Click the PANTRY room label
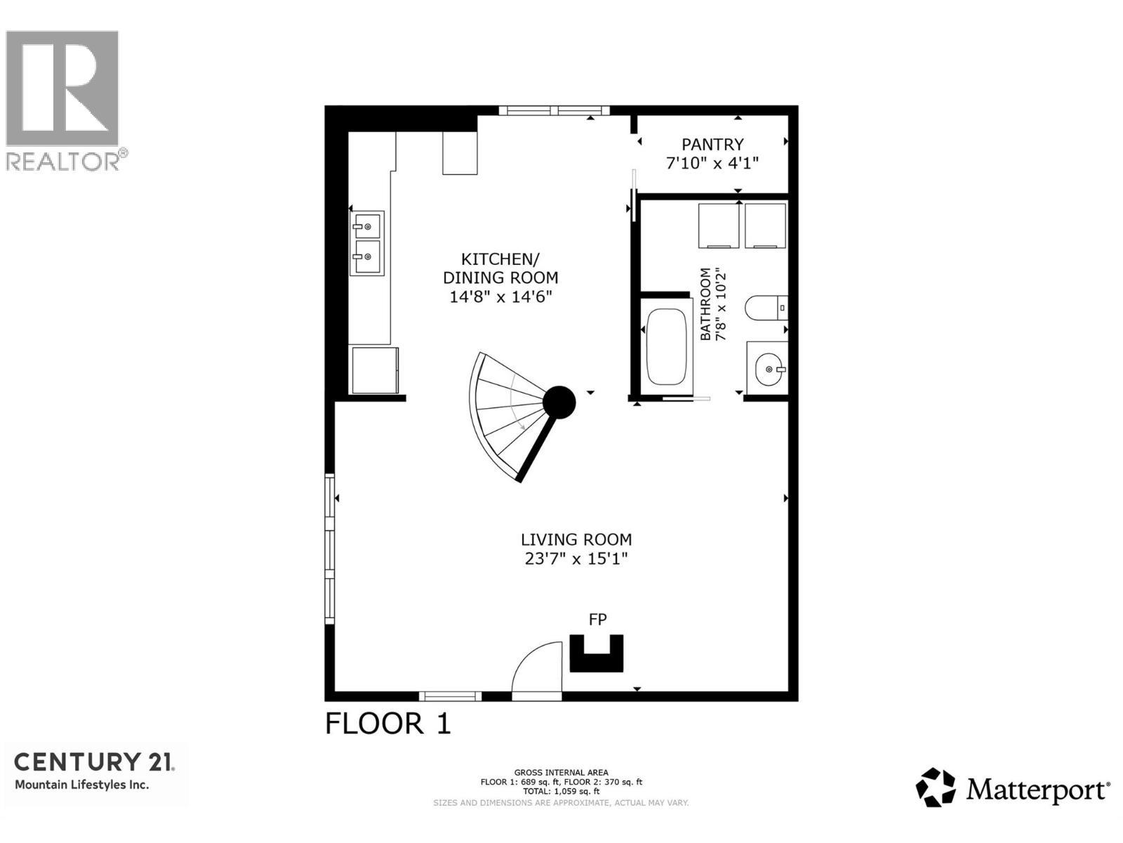[x=712, y=145]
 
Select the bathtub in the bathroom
[x=666, y=346]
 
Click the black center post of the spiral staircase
[x=559, y=403]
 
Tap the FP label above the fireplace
[x=597, y=620]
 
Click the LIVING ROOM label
[x=576, y=540]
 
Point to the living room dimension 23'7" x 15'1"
[x=576, y=559]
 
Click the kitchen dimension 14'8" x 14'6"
[x=500, y=297]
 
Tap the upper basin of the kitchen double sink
[x=366, y=226]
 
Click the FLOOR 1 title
[x=387, y=724]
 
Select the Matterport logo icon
[x=936, y=788]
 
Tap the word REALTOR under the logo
[x=62, y=162]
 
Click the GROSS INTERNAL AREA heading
[x=561, y=773]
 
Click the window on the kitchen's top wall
[x=554, y=110]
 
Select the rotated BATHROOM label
[x=705, y=303]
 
